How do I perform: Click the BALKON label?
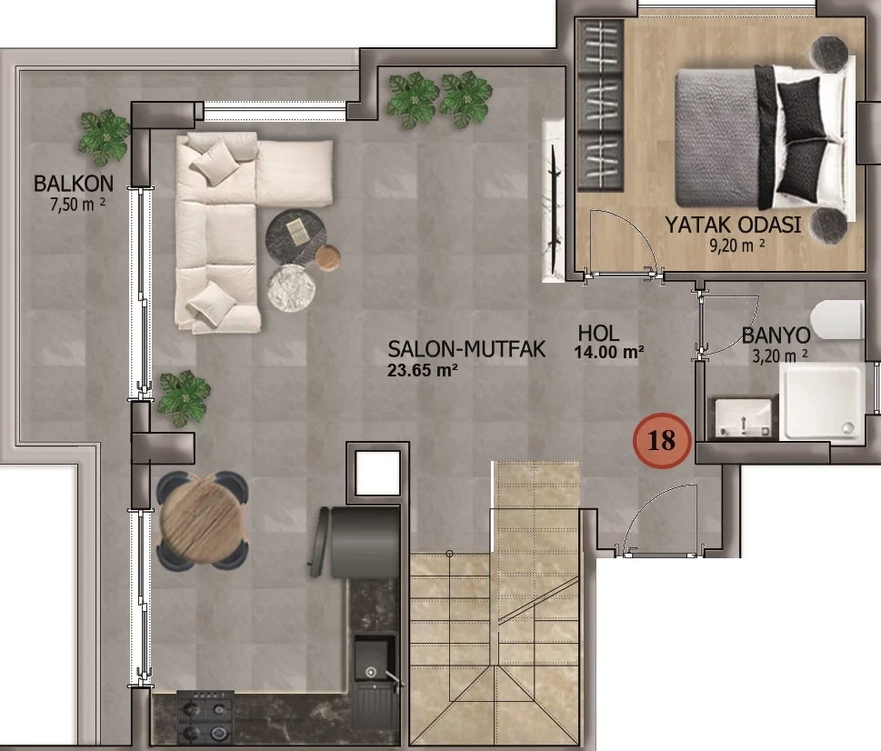(x=74, y=183)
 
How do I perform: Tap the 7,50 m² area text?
(x=77, y=204)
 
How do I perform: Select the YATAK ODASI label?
(x=733, y=225)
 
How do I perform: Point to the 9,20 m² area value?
(x=736, y=245)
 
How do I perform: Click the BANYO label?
(x=776, y=335)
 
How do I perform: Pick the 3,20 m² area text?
(x=780, y=355)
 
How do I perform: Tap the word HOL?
(x=598, y=334)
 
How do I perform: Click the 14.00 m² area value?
(x=608, y=353)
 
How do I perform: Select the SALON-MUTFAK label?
(x=466, y=349)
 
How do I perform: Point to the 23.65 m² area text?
(x=422, y=370)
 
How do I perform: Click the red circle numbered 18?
(x=662, y=441)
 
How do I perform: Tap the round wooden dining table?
(x=202, y=519)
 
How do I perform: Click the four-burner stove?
(x=205, y=718)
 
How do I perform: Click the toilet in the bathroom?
(x=837, y=320)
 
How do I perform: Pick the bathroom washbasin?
(x=744, y=418)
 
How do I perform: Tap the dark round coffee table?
(x=295, y=235)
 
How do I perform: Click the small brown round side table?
(x=327, y=258)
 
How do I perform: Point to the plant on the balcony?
(x=105, y=137)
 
